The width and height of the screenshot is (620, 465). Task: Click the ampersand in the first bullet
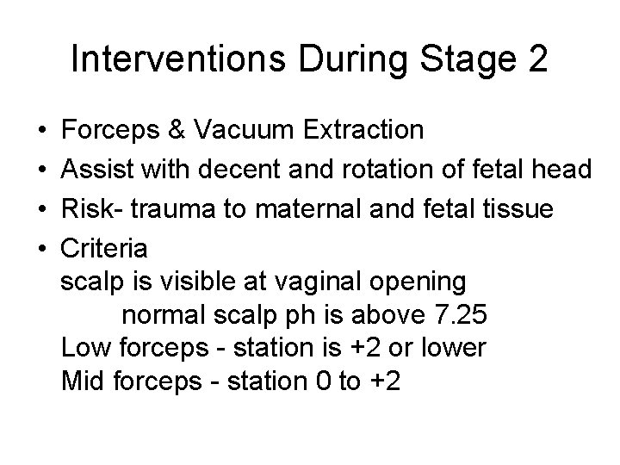(x=177, y=130)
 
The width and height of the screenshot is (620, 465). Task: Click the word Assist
(x=96, y=170)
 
